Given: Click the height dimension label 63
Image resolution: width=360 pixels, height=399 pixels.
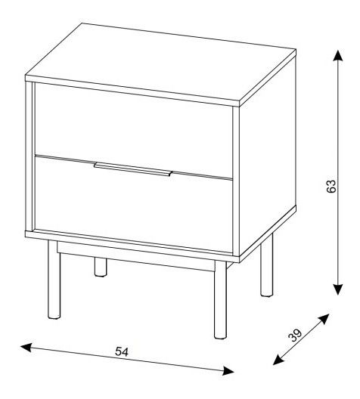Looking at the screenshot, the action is [331, 186].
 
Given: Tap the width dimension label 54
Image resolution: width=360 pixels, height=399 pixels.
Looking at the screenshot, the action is [122, 351].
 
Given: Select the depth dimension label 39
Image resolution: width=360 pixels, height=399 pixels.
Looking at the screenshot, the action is [294, 335].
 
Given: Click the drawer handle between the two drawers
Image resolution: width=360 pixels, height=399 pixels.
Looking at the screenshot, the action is [133, 169].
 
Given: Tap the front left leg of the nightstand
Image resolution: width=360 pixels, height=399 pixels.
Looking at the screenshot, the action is [54, 280].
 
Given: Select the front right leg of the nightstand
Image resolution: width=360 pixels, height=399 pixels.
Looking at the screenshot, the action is [220, 300].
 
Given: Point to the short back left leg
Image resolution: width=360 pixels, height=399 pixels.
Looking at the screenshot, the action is [101, 267].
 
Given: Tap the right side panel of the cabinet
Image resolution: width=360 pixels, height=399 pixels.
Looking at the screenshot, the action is [267, 155].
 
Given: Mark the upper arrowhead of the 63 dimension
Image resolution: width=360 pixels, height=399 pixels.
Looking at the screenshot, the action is [337, 55].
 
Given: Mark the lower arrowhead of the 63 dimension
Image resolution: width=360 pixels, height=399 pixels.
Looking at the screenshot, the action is [337, 289].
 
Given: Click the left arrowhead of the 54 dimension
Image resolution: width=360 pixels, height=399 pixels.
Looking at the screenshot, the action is [26, 348].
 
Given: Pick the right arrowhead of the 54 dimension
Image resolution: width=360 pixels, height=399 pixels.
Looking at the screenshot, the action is [228, 370].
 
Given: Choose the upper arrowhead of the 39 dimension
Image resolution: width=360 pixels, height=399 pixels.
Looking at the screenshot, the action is [324, 319].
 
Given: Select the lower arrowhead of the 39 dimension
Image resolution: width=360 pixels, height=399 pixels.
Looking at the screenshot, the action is [278, 360].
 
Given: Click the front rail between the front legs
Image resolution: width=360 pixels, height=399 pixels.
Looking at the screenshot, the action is [136, 256].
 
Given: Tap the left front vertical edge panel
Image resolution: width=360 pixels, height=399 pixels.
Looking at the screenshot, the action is [29, 156].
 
